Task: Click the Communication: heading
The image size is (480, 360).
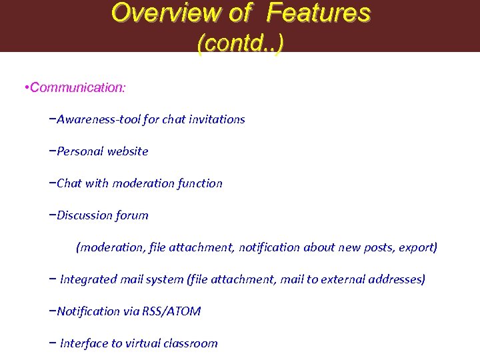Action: coord(78,87)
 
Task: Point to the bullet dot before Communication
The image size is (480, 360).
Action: coord(25,87)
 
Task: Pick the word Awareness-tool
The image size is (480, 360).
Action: coord(97,119)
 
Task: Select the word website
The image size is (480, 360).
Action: coord(127,151)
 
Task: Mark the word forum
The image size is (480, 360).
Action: coord(132,215)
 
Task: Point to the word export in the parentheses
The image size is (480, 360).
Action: coord(417,247)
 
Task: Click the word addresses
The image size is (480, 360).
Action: coord(395,279)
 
